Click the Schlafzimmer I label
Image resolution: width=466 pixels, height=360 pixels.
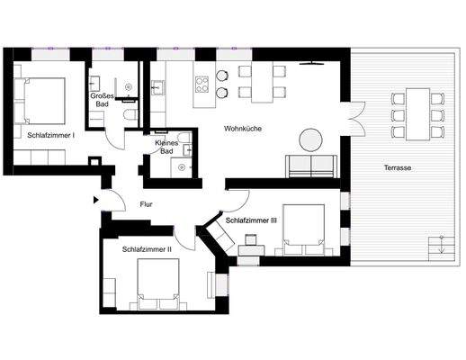pyautogui.click(x=50, y=134)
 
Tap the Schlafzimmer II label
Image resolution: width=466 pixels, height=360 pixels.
pyautogui.click(x=147, y=248)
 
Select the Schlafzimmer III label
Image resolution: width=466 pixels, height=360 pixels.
pyautogui.click(x=256, y=220)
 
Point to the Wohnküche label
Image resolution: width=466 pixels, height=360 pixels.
pyautogui.click(x=243, y=130)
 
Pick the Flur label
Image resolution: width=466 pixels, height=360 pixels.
pyautogui.click(x=146, y=204)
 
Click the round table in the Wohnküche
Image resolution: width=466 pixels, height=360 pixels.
pyautogui.click(x=310, y=139)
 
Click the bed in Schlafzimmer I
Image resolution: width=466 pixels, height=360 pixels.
pyautogui.click(x=40, y=99)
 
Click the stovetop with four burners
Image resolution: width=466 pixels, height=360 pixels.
pyautogui.click(x=202, y=85)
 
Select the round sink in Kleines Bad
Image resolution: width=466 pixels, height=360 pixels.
pyautogui.click(x=183, y=167)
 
